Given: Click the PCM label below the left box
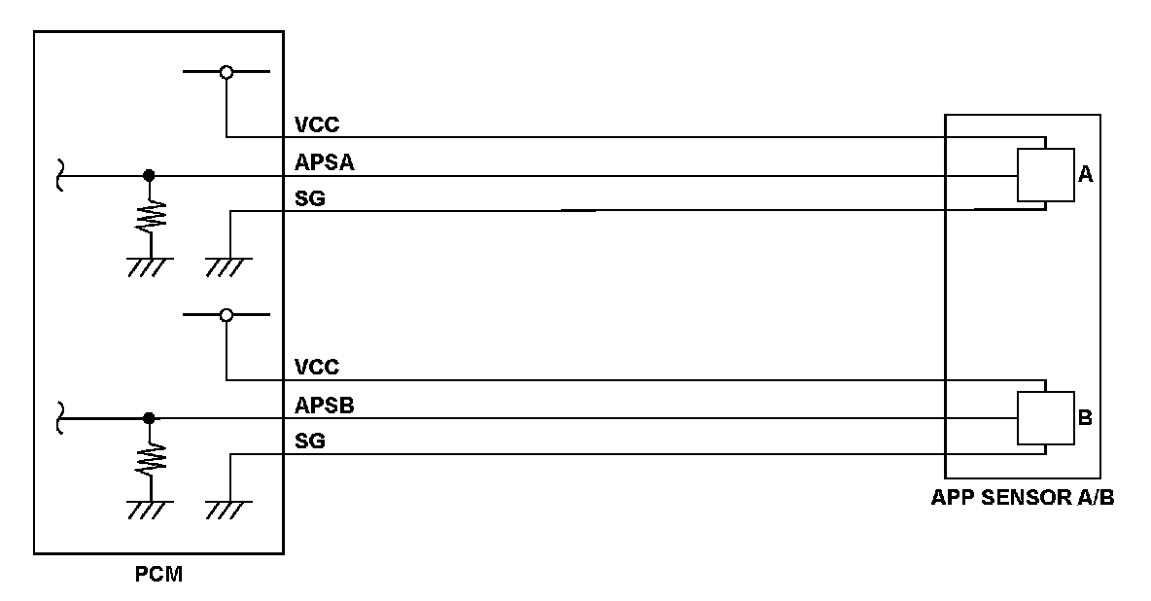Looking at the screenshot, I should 159,575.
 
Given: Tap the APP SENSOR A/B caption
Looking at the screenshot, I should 1022,499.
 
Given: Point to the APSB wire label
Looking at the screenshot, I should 323,407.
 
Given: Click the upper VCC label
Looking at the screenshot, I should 316,125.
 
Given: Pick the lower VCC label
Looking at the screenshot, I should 316,368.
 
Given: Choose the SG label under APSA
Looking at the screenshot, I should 309,199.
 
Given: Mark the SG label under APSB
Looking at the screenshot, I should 309,442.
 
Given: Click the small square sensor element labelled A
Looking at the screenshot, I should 1045,175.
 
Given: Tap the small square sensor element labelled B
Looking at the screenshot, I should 1045,418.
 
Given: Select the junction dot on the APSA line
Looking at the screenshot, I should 149,176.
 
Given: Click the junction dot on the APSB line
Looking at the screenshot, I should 149,418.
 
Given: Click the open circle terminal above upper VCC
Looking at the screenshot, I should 227,72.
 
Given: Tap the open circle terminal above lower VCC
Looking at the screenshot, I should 227,315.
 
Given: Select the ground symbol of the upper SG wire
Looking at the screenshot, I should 228,264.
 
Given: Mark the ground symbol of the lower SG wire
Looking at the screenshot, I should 228,507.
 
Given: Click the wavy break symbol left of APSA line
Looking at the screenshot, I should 60,176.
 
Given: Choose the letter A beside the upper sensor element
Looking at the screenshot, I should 1086,175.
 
